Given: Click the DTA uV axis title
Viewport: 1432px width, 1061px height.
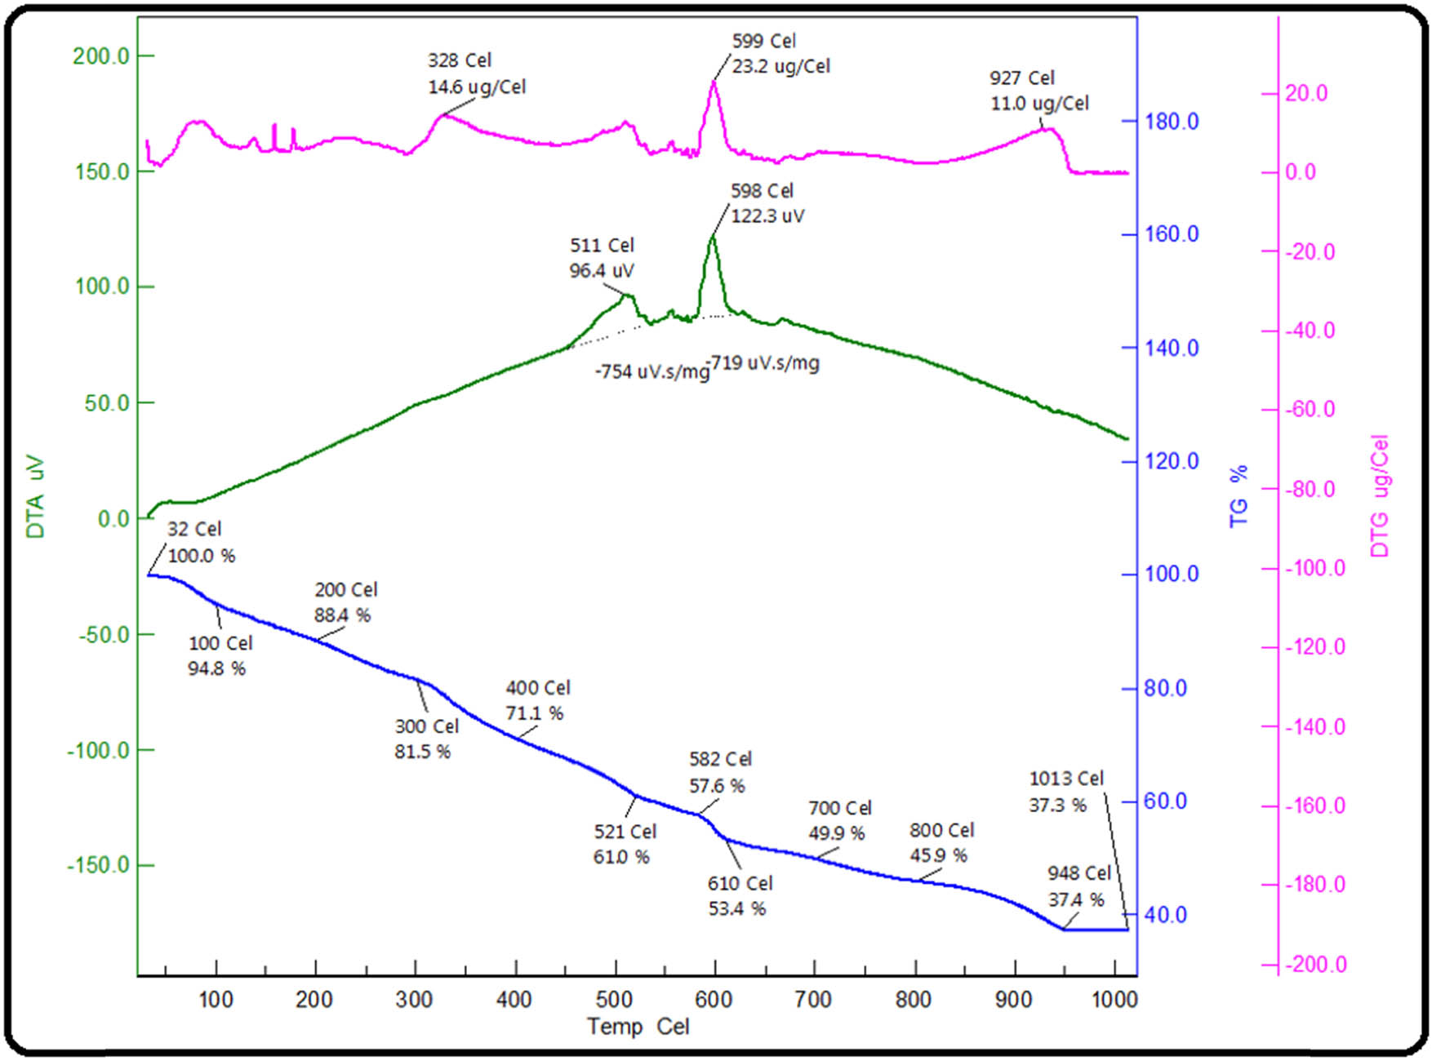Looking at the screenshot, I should point(34,496).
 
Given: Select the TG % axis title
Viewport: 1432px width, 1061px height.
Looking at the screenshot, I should point(1239,496).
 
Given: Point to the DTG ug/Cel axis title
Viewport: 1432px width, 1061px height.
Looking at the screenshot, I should point(1380,496).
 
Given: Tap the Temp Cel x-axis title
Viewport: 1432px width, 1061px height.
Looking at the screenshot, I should point(638,1026).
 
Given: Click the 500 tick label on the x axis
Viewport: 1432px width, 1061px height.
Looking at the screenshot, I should point(614,1000).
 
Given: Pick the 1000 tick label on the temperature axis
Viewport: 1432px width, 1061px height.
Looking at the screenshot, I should point(1114,1000).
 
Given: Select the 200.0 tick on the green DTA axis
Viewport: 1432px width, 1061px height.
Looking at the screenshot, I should point(100,56).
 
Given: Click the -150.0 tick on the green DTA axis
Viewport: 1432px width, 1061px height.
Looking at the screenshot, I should point(98,865).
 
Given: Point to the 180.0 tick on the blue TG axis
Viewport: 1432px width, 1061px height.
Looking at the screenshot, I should point(1171,122).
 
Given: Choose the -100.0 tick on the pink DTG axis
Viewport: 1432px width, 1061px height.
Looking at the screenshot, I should point(1314,568).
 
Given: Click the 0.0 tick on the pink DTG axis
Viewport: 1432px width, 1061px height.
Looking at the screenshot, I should point(1301,172).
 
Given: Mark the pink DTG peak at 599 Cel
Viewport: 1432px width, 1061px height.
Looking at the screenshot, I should point(714,82).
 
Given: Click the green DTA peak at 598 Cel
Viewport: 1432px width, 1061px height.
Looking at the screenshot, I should point(712,237).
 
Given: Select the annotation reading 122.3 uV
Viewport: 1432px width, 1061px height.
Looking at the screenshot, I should point(767,216).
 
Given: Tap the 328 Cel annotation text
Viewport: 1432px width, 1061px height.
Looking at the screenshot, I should point(460,60).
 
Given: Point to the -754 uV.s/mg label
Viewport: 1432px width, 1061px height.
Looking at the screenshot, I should point(652,372).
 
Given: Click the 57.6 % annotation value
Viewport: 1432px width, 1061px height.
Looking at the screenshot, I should point(717,786).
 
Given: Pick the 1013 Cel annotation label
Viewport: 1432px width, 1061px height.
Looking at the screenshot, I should point(1065,779).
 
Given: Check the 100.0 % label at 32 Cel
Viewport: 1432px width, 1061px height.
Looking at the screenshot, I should point(202,556).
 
